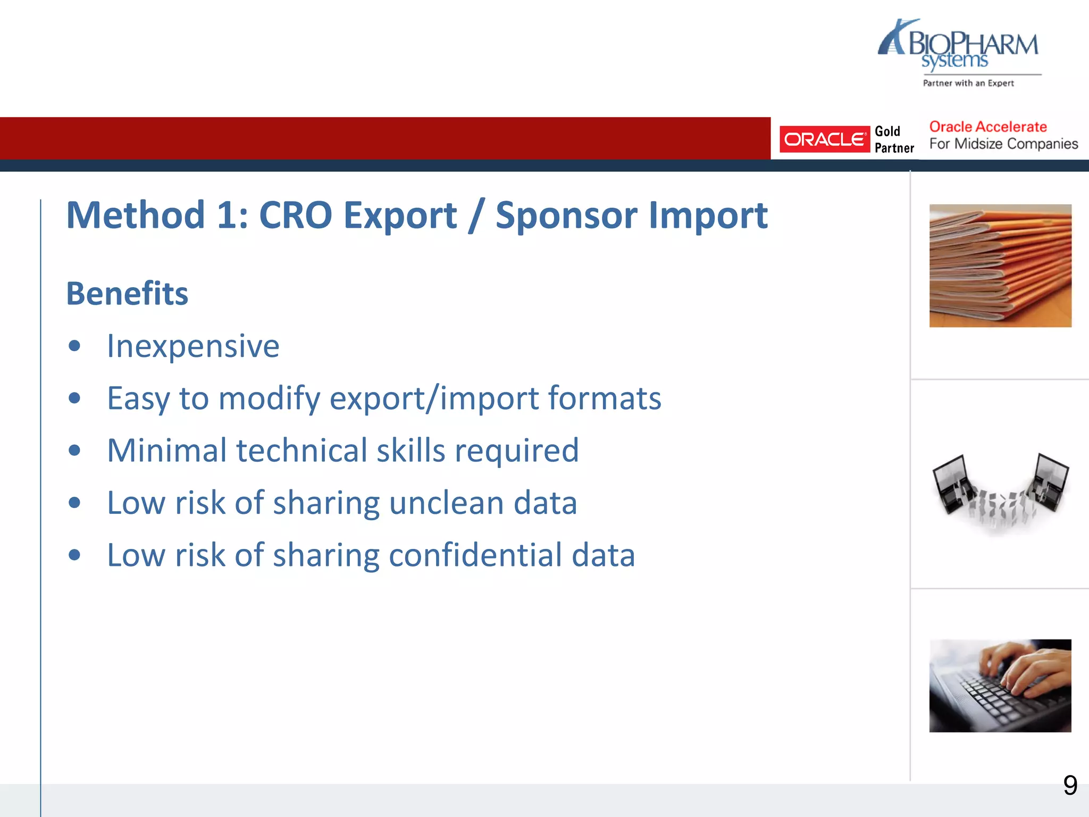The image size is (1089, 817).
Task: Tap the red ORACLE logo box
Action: [x=824, y=139]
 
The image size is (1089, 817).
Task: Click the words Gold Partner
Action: [x=893, y=139]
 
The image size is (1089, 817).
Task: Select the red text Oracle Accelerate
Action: [x=987, y=127]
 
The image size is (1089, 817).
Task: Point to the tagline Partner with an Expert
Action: [x=968, y=83]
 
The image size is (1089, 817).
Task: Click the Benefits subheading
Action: [x=127, y=294]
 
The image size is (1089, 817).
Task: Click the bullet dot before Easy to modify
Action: [x=74, y=398]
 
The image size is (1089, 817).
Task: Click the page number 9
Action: [x=1070, y=786]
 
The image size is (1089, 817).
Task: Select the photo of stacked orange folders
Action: [x=1000, y=265]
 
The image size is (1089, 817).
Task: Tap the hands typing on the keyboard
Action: [x=1021, y=670]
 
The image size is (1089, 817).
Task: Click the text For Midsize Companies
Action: [x=1003, y=144]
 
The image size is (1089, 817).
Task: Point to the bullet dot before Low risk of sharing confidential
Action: [x=74, y=555]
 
